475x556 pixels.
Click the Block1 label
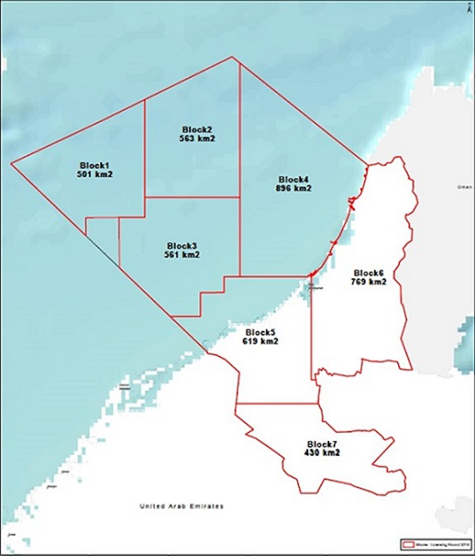click(95, 165)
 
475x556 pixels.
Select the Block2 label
click(197, 129)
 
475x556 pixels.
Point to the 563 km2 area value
click(197, 139)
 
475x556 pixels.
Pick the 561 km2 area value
click(181, 255)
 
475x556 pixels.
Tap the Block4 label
click(294, 179)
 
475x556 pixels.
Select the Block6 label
click(369, 273)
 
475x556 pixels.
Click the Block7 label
click(322, 445)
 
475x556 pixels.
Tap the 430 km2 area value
click(322, 454)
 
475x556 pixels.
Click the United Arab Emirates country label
click(181, 507)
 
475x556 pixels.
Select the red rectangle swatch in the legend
click(405, 545)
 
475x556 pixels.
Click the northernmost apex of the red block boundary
click(232, 57)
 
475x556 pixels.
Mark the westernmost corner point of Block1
click(11, 163)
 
